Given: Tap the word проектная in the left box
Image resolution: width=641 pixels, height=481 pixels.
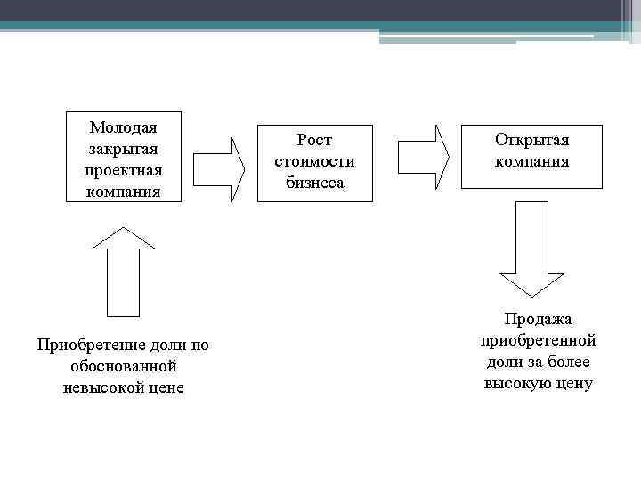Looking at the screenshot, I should tap(124, 169).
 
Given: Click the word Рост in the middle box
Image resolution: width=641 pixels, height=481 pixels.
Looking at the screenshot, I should tap(314, 140).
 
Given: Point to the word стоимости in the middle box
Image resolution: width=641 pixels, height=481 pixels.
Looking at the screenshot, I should tap(314, 161).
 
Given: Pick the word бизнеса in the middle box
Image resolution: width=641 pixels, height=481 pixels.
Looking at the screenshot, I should tap(314, 183).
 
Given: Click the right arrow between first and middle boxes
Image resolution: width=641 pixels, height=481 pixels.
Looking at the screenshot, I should tap(219, 168).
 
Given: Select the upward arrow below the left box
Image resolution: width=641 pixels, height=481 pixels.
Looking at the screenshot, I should tap(124, 271).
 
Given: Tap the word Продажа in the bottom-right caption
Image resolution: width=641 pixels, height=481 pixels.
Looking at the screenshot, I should tap(539, 319).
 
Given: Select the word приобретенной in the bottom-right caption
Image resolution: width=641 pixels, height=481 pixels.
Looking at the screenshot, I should tap(539, 340).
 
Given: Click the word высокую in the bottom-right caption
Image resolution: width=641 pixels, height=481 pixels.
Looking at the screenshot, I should tap(519, 384).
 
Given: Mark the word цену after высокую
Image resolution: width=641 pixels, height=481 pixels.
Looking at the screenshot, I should tap(575, 384).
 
